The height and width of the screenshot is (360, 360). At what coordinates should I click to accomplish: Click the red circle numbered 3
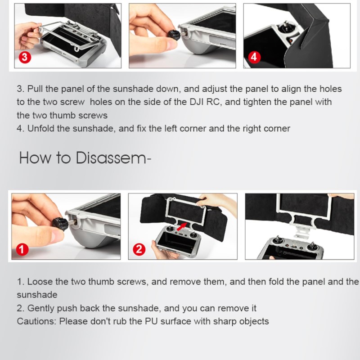25,57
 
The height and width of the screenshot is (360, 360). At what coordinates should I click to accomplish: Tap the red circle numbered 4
254,57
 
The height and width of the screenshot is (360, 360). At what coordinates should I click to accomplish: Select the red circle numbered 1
22,249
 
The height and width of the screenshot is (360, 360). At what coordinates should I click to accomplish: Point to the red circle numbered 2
139,249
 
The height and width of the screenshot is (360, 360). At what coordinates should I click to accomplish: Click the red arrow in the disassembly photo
182,226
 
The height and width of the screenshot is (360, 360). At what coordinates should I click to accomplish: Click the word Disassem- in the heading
113,158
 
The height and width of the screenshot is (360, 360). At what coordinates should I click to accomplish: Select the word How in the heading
35,158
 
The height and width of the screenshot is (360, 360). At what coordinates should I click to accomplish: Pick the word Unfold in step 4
40,128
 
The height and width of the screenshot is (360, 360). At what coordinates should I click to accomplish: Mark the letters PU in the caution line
151,321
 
